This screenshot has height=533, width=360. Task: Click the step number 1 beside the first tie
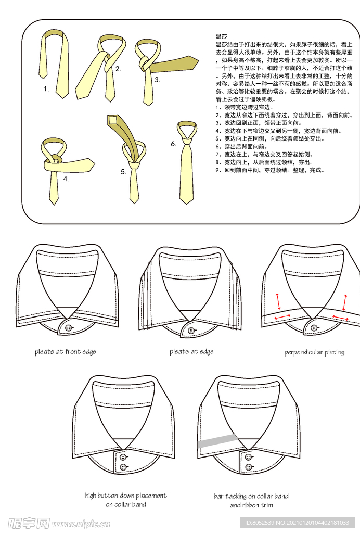coord(46,89)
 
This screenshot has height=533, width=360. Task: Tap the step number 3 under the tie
coord(157,80)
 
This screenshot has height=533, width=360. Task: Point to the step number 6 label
coord(174,144)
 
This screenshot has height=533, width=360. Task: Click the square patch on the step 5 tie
coord(113,121)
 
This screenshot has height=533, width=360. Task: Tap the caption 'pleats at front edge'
coord(66,352)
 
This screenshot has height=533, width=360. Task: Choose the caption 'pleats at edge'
coord(191,352)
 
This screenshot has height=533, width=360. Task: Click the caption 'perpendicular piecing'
coord(314,352)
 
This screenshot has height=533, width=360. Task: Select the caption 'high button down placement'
coord(126,496)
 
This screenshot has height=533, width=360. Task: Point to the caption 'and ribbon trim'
coord(251,505)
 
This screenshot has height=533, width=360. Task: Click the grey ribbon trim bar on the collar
coord(217,441)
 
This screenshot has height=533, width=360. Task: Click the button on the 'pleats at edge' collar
coord(191,331)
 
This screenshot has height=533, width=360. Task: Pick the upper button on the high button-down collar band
coord(123,456)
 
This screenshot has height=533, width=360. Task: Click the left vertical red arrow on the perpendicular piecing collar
coord(278,301)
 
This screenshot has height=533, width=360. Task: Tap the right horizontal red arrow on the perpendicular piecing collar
coord(340,317)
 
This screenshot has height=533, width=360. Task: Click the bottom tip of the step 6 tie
coord(186,202)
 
